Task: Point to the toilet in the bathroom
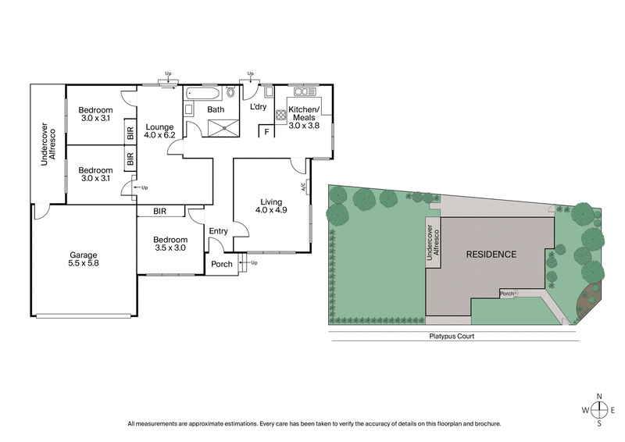click(x=230, y=93)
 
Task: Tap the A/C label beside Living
click(x=302, y=187)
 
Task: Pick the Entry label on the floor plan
click(x=218, y=230)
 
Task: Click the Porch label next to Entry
click(x=222, y=264)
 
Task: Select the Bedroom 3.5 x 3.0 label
click(x=170, y=244)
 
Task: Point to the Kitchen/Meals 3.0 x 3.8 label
click(x=304, y=117)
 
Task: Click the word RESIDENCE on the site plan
click(x=491, y=255)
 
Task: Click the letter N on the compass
click(x=600, y=396)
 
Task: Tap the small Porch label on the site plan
click(x=507, y=294)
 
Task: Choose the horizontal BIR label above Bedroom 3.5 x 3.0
click(x=160, y=211)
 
